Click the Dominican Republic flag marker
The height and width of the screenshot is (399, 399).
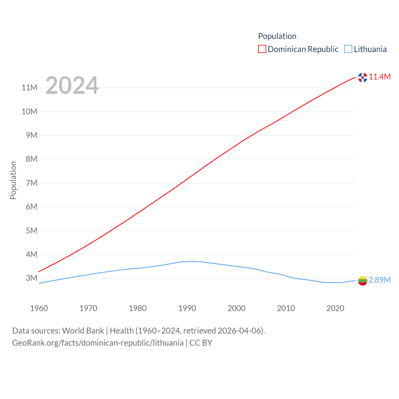363,77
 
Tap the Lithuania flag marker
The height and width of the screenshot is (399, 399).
363,281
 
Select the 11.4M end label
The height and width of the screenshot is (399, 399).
380,77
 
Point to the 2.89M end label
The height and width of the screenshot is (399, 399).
380,280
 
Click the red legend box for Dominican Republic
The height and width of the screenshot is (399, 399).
262,49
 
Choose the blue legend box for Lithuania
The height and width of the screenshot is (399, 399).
348,49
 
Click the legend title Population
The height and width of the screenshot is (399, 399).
277,36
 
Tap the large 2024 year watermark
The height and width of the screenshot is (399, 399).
72,85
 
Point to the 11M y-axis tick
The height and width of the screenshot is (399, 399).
29,88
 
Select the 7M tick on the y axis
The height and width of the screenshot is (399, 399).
31,183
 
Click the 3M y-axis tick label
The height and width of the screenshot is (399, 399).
31,278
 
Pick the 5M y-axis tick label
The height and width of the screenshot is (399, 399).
31,231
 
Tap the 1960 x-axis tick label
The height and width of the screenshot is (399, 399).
39,309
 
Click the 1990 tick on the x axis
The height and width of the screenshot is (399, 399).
187,309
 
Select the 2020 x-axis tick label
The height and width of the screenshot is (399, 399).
335,309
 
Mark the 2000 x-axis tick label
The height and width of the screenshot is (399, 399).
237,309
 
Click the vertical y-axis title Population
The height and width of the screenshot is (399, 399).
13,180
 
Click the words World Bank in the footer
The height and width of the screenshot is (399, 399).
83,331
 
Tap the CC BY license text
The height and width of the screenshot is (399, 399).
201,343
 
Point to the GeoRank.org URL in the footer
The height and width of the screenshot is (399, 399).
98,343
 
